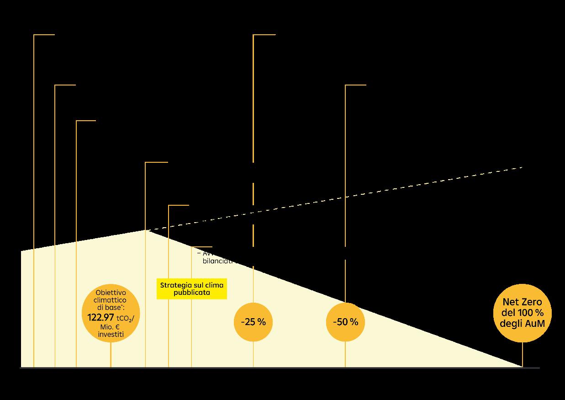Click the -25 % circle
pos(253,322)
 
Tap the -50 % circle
pos(345,322)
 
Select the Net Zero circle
pos(523,313)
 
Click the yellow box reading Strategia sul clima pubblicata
pos(192,288)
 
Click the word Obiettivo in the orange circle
pos(111,293)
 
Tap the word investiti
pos(111,334)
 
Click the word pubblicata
pos(192,293)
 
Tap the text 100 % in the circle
pos(532,313)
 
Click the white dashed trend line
pos(388,190)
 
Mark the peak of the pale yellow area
pos(146,231)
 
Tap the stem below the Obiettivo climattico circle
pos(111,355)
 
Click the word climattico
pos(111,300)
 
